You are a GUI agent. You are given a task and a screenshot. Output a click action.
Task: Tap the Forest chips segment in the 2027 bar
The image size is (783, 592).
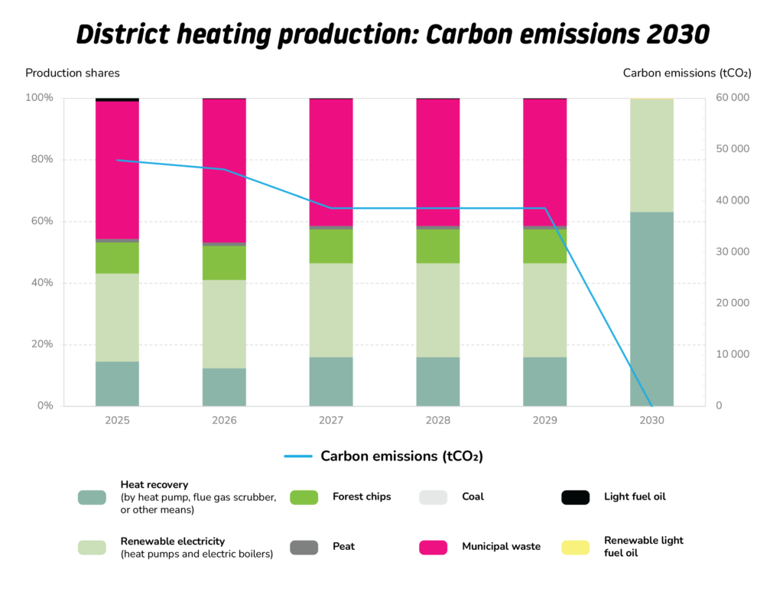[x=331, y=246]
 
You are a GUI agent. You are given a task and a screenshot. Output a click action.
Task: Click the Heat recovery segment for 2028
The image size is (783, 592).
[x=438, y=381]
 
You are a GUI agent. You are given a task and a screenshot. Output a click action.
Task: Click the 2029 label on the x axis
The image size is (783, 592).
[x=545, y=421]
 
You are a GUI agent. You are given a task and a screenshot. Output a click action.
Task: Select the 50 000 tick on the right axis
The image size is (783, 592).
[x=733, y=149]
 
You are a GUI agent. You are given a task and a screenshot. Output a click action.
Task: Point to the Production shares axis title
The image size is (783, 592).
[x=73, y=73]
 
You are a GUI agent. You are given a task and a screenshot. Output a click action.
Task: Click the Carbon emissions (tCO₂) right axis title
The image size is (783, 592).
[x=687, y=73]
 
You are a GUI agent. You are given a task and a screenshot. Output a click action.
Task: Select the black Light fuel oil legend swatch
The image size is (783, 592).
[x=575, y=497]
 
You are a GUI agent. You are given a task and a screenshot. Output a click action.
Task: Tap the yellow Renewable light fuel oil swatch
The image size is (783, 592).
[x=575, y=547]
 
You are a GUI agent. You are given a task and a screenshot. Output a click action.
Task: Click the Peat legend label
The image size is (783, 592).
[x=343, y=547]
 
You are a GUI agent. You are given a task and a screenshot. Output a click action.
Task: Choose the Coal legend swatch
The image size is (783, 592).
[x=434, y=497]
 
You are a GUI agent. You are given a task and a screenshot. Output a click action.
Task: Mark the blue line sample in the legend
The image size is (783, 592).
[x=298, y=457]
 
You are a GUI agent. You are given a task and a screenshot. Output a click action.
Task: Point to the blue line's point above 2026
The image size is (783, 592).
[x=224, y=169]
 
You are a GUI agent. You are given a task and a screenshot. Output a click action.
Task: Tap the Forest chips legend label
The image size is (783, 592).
[x=362, y=497]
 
